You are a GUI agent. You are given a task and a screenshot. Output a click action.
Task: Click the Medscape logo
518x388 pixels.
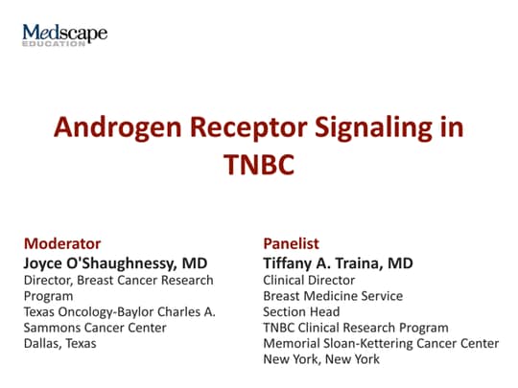point(65,34)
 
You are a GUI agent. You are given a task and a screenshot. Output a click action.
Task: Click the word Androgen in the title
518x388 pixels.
point(118,128)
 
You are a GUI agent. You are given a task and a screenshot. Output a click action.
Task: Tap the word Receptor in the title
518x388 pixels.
point(248,128)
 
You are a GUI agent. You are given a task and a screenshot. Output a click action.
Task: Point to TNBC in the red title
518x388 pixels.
point(259,165)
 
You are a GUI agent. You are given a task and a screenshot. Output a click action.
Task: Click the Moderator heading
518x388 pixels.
point(62,244)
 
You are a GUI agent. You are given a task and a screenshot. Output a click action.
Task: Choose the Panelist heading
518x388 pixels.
point(291,244)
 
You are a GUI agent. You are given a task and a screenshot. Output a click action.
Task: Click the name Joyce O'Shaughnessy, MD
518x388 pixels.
point(116,263)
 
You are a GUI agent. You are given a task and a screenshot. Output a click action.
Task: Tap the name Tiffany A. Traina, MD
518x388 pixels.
point(338,263)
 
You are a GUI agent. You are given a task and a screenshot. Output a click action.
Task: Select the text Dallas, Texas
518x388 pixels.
point(60,344)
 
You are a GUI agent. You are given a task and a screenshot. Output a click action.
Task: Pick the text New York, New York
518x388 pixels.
point(321,359)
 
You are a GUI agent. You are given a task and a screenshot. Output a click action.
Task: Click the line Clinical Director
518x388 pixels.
point(309,280)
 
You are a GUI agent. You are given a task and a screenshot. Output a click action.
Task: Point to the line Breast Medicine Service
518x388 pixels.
point(333,296)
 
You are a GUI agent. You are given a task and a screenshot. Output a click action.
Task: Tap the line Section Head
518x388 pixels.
point(301,311)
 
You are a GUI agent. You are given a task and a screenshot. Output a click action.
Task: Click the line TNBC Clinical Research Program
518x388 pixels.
point(356,328)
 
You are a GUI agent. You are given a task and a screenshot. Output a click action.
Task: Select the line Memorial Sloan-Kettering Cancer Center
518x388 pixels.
point(381,344)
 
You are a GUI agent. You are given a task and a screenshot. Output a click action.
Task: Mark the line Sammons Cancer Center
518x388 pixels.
point(95,328)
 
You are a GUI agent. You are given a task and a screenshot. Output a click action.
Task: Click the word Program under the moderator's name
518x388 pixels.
point(48,297)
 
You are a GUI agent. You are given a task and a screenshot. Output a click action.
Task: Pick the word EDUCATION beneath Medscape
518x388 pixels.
point(54,43)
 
